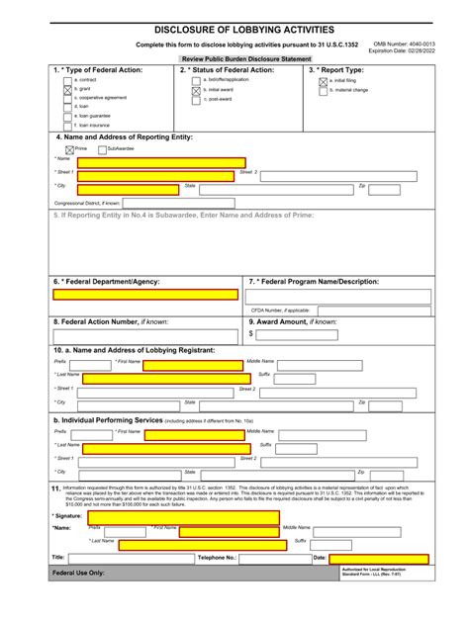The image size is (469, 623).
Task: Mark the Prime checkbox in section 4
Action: click(x=68, y=148)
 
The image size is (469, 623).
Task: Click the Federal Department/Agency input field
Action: click(x=145, y=294)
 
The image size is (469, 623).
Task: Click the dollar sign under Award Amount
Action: click(x=252, y=334)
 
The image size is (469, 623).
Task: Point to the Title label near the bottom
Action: click(x=58, y=558)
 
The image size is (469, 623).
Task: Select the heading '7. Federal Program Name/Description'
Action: click(x=314, y=281)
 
